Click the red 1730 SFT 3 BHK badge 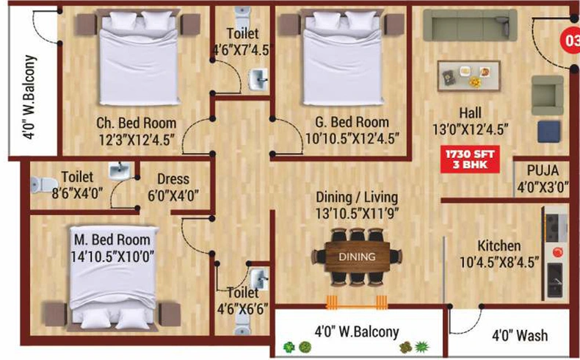[x=470, y=159]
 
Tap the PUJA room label [x=543, y=170]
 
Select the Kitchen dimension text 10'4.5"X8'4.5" [x=499, y=262]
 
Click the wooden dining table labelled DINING [x=357, y=256]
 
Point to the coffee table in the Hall [x=468, y=76]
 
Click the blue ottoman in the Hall [x=548, y=132]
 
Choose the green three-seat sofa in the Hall [x=470, y=25]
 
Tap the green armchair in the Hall [x=548, y=96]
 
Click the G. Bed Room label [x=352, y=122]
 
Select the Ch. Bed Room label [x=136, y=123]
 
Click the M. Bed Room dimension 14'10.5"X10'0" [x=112, y=256]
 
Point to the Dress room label [x=173, y=179]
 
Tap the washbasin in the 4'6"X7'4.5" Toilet [x=258, y=79]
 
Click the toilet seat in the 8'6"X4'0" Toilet [x=44, y=184]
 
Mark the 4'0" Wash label [x=520, y=336]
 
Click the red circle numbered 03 [x=570, y=40]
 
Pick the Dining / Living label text [x=357, y=197]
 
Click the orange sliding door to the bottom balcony [x=357, y=302]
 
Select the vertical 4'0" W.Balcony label [x=29, y=97]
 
